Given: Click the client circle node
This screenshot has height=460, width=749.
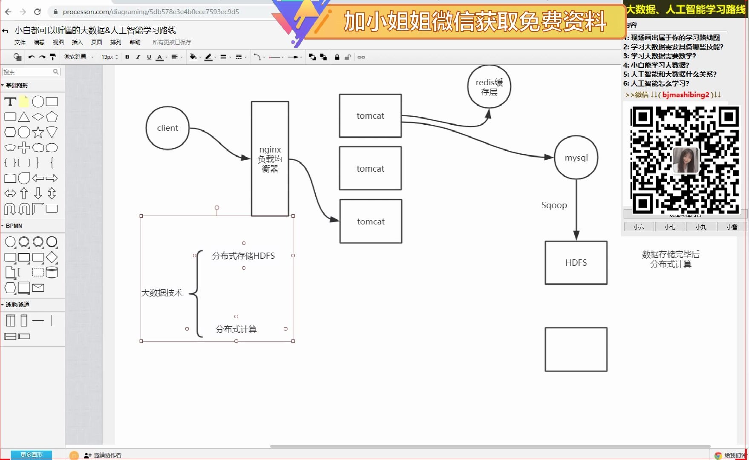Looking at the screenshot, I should (x=167, y=128).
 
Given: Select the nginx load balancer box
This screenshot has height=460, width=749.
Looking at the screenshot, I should (x=270, y=159).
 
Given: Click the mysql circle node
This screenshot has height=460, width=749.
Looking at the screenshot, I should (x=576, y=158).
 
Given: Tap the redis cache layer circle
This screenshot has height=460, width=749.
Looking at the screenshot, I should (x=489, y=87).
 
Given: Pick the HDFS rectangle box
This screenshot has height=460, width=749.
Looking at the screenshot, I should (x=576, y=263).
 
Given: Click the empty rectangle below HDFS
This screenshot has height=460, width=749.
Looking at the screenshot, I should (x=576, y=349).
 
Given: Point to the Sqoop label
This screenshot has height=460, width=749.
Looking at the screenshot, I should (x=554, y=205).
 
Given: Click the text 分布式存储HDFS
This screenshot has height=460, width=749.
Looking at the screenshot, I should (x=243, y=256).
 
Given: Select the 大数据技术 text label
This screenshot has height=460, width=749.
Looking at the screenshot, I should (x=162, y=293).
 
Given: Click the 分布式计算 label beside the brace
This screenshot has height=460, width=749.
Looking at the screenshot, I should (x=236, y=329).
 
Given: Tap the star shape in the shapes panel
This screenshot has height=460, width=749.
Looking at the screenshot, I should (x=38, y=132).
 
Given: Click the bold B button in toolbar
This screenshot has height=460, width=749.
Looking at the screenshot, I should (x=127, y=57).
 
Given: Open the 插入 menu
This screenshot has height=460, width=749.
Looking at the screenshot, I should (x=77, y=42).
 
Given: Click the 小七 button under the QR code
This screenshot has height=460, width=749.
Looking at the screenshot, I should (x=670, y=227).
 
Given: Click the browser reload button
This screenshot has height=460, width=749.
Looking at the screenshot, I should (x=37, y=12).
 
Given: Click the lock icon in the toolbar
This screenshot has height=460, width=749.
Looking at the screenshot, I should (x=337, y=57).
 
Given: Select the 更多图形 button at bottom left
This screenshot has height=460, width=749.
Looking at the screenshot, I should (x=32, y=455).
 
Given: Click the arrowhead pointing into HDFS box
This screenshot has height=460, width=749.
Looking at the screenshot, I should (x=576, y=236).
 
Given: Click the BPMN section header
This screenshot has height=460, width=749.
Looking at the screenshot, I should (x=14, y=226).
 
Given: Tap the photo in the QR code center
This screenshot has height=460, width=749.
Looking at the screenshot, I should (x=685, y=160).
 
